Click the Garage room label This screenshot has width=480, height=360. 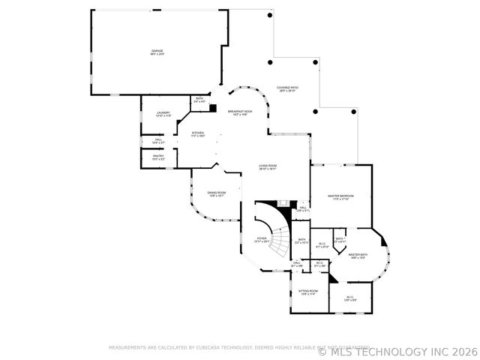pos(157,52)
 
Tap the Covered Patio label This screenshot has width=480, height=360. pos(286,88)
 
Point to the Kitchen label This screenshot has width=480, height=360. pos(198,134)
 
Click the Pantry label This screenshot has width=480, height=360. pos(159,157)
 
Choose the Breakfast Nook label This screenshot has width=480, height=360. pos(241,112)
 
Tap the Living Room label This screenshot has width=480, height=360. pos(268,167)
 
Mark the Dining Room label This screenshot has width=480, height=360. pos(217,194)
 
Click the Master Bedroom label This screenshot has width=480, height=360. pos(340,197)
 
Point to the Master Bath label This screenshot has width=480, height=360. pos(358,256)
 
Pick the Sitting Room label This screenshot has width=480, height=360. pos(308,292)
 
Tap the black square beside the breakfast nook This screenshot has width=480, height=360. pos(213,108)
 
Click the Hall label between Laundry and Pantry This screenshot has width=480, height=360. pos(159,140)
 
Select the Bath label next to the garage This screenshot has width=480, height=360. pos(199,100)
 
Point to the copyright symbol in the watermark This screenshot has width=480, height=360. pos(322,351)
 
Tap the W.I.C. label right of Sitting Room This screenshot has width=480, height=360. pos(349,298)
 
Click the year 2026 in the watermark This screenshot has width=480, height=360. pos(463,351)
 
